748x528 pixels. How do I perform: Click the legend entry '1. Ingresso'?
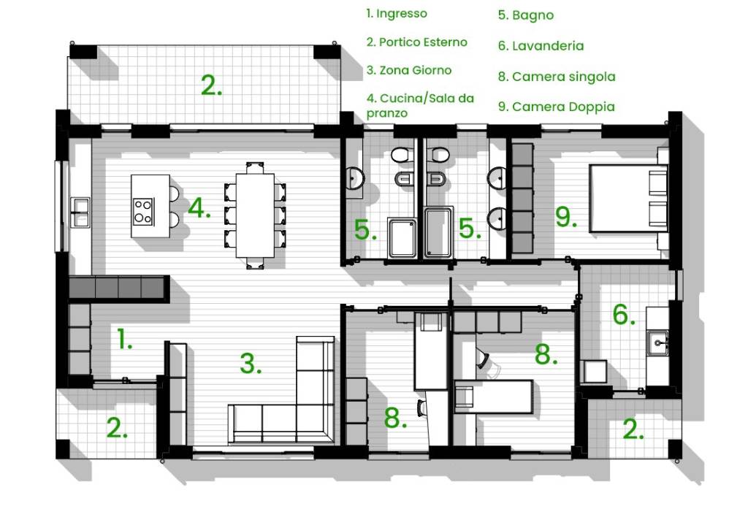point(397,13)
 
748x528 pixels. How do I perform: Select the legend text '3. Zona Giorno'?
point(409,70)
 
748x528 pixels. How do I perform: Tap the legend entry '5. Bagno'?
point(526,15)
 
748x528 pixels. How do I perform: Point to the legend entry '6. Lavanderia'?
point(541,46)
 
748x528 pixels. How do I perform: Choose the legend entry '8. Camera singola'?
point(557,77)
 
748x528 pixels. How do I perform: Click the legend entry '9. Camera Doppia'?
point(556,107)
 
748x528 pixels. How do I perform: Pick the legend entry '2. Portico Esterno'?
point(416,42)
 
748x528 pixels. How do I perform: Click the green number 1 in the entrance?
point(124,339)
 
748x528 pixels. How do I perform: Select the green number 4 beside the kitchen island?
point(199,208)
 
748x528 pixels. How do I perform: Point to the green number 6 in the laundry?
point(624,314)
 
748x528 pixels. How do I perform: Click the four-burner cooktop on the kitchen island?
point(143,211)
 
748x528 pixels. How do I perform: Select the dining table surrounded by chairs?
point(255,215)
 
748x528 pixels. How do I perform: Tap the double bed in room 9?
point(628,199)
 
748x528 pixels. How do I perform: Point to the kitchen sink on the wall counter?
point(80,213)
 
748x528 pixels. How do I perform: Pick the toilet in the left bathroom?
point(402,155)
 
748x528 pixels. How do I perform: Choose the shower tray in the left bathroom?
point(402,238)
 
